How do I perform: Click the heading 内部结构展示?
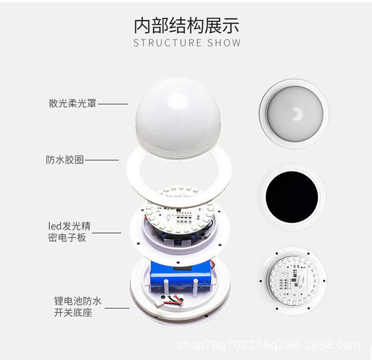[x=186, y=25]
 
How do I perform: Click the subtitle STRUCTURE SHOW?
[x=186, y=43]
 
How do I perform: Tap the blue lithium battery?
[x=182, y=276]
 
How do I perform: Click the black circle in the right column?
[x=292, y=197]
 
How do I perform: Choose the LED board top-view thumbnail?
[x=292, y=281]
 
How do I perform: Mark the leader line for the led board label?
[x=107, y=233]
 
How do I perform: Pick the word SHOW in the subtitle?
[x=224, y=43]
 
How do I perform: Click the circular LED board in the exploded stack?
[x=179, y=211]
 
